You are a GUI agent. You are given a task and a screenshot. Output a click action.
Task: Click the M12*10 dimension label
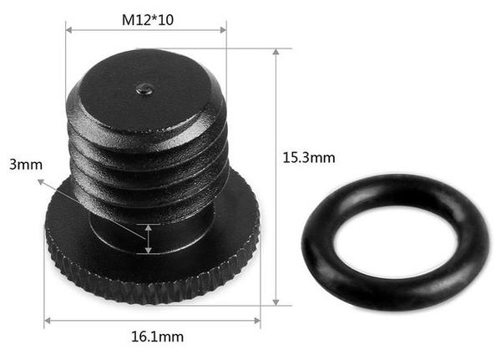[146, 18]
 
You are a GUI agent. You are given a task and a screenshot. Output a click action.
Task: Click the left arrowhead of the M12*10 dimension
[69, 31]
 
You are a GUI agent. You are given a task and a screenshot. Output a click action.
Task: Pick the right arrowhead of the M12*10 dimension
[223, 31]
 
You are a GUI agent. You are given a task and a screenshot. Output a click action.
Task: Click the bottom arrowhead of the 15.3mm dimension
[276, 302]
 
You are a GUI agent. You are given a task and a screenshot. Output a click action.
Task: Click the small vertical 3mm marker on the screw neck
[149, 238]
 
